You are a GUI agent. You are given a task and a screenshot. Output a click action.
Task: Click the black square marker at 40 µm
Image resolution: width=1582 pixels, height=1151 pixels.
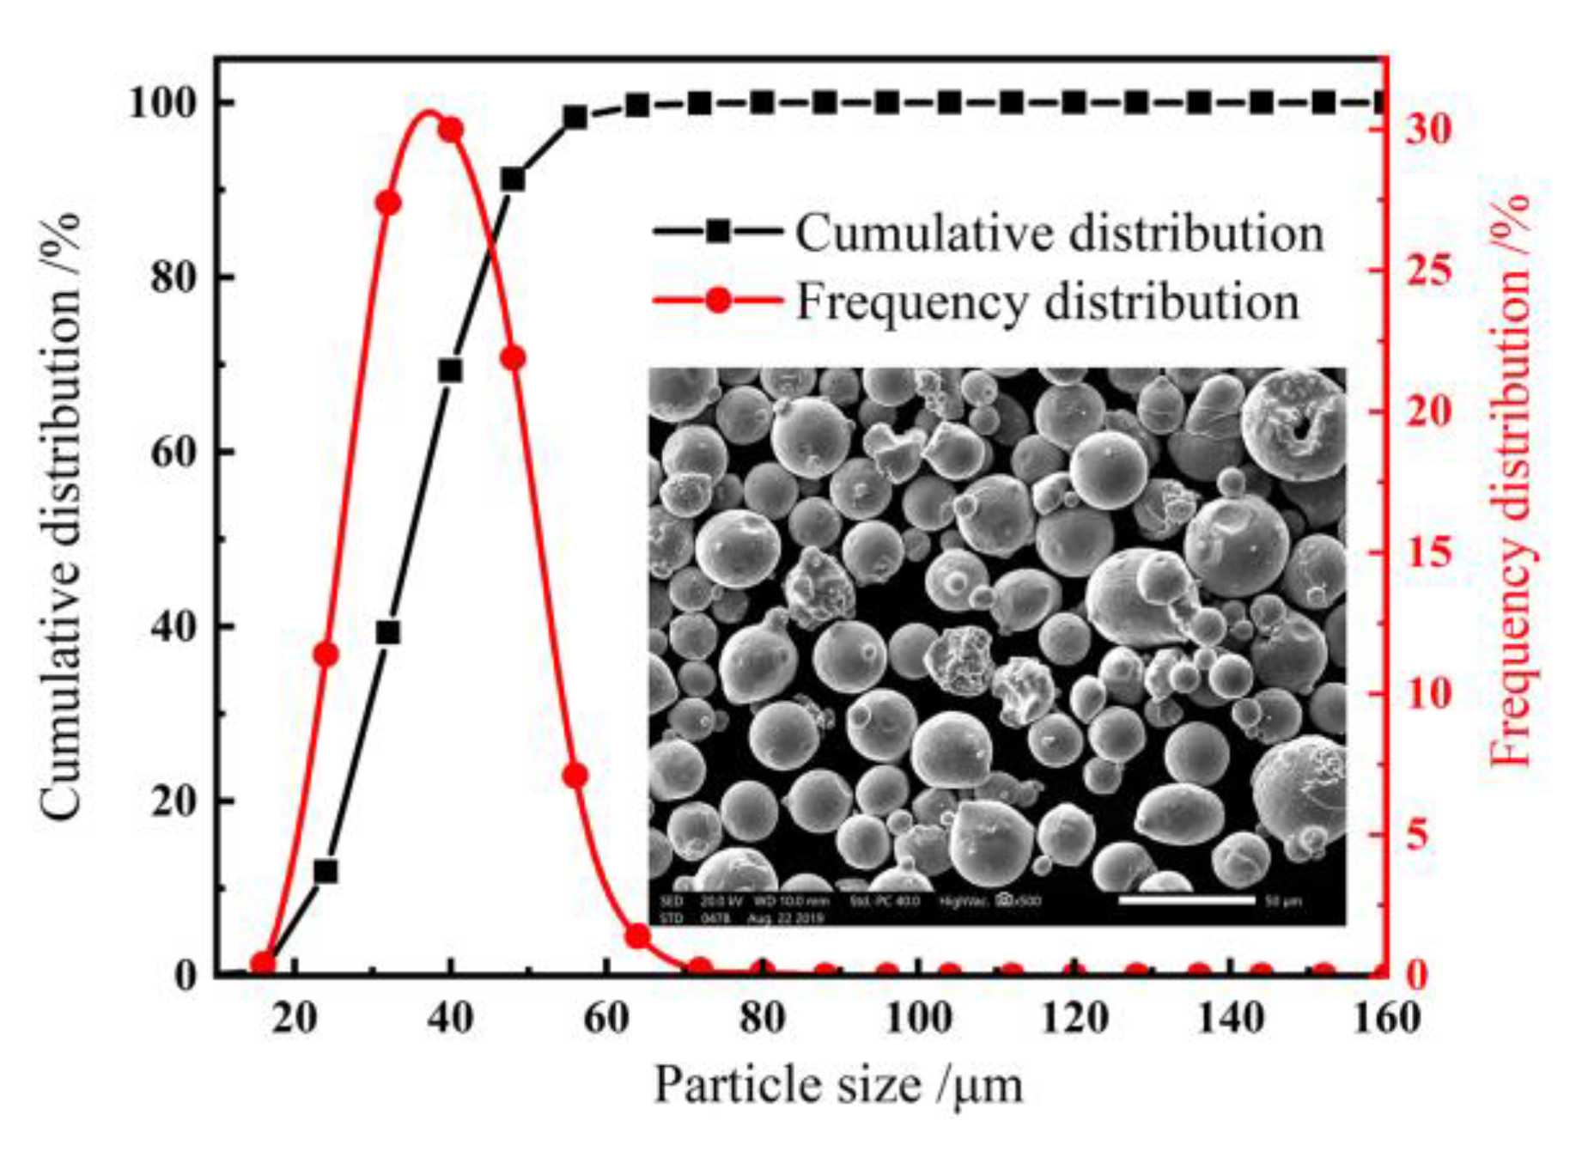450,371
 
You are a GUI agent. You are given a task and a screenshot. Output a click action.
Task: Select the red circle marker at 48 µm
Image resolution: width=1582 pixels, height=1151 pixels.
513,358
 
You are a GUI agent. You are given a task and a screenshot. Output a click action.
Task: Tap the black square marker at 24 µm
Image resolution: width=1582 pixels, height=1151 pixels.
326,872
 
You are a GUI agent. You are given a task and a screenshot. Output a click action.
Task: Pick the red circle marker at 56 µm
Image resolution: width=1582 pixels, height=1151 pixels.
575,776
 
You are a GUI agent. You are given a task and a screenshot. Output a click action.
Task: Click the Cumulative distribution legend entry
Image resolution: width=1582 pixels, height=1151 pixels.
988,232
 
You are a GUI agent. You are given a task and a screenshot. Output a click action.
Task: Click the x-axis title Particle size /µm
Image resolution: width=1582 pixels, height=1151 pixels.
838,1084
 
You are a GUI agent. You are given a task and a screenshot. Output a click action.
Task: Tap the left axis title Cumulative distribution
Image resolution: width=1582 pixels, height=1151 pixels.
60,515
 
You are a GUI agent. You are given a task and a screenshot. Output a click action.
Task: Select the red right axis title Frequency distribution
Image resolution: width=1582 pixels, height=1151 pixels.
1512,481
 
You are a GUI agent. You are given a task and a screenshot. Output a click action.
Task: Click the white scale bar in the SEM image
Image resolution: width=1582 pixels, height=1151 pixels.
1186,900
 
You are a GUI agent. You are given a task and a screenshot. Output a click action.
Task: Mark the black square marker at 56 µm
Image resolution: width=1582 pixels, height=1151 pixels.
575,118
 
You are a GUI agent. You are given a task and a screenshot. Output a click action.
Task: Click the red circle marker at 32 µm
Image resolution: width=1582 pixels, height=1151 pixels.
388,203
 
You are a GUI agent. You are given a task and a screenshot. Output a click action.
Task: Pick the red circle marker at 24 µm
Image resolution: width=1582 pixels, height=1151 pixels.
326,655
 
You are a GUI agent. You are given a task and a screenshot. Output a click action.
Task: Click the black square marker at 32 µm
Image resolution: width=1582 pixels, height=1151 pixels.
388,633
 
